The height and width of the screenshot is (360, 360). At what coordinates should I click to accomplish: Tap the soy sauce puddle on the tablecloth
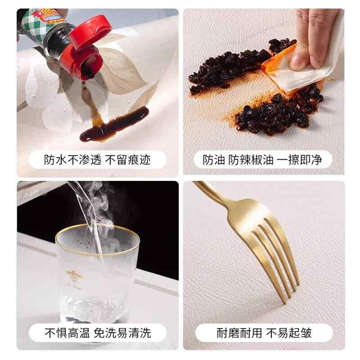(x=114, y=125)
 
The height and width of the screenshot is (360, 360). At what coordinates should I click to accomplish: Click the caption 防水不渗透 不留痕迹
(x=97, y=160)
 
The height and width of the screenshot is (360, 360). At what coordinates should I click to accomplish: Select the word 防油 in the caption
(x=213, y=160)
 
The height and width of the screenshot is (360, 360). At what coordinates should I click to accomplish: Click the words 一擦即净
(x=299, y=160)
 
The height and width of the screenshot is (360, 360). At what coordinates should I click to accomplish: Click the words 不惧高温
(x=67, y=333)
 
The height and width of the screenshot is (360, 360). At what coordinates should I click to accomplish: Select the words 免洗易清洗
(x=122, y=333)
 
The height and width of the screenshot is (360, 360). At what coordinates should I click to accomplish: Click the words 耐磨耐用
(x=239, y=333)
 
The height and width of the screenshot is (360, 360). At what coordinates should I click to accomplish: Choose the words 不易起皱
(x=289, y=333)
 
